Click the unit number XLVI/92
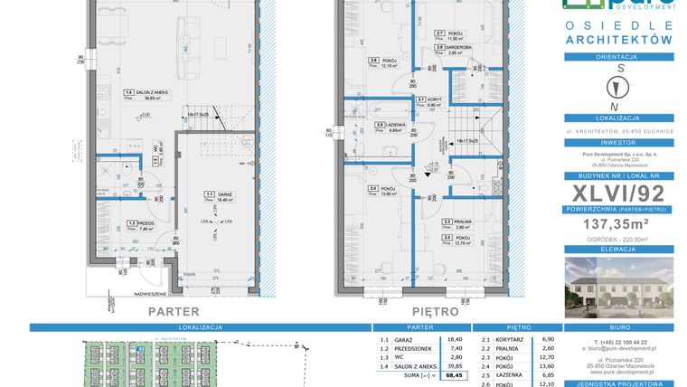point(618,191)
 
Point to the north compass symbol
point(619,87)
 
